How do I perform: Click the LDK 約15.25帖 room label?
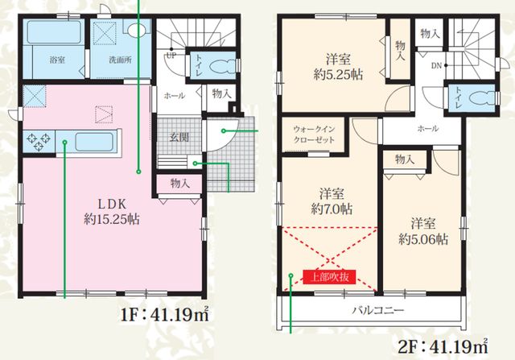112,212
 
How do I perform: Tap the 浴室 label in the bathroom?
57,60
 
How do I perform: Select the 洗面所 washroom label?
121,60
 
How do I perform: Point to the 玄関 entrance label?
179,137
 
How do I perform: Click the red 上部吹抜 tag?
329,277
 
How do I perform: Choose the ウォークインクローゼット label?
314,134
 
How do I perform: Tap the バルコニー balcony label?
378,310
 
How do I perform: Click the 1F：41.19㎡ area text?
165,315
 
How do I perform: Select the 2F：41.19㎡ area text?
443,346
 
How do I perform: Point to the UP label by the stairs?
171,56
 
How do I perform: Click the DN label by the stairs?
436,66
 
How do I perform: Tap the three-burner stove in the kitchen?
39,142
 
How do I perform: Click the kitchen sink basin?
95,142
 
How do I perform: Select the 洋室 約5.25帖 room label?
338,68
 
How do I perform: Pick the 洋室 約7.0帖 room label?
332,201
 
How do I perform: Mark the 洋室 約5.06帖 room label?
423,231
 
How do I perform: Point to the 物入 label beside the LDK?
180,183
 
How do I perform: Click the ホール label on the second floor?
427,128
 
